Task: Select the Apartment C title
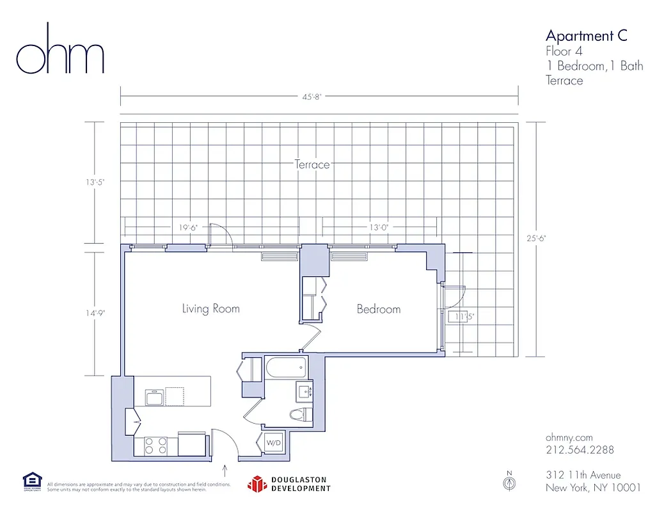[x=586, y=35]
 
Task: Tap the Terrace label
[x=312, y=164]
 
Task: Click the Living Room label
[x=210, y=309]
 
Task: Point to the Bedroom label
[x=379, y=309]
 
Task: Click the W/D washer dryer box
[x=273, y=443]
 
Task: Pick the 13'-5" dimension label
[x=94, y=182]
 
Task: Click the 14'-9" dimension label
[x=94, y=313]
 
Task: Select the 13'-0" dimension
[x=379, y=227]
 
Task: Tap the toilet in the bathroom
[x=299, y=413]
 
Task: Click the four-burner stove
[x=155, y=445]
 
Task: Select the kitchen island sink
[x=155, y=397]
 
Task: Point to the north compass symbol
[x=510, y=483]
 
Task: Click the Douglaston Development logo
[x=289, y=484]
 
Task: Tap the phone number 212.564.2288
[x=580, y=450]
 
